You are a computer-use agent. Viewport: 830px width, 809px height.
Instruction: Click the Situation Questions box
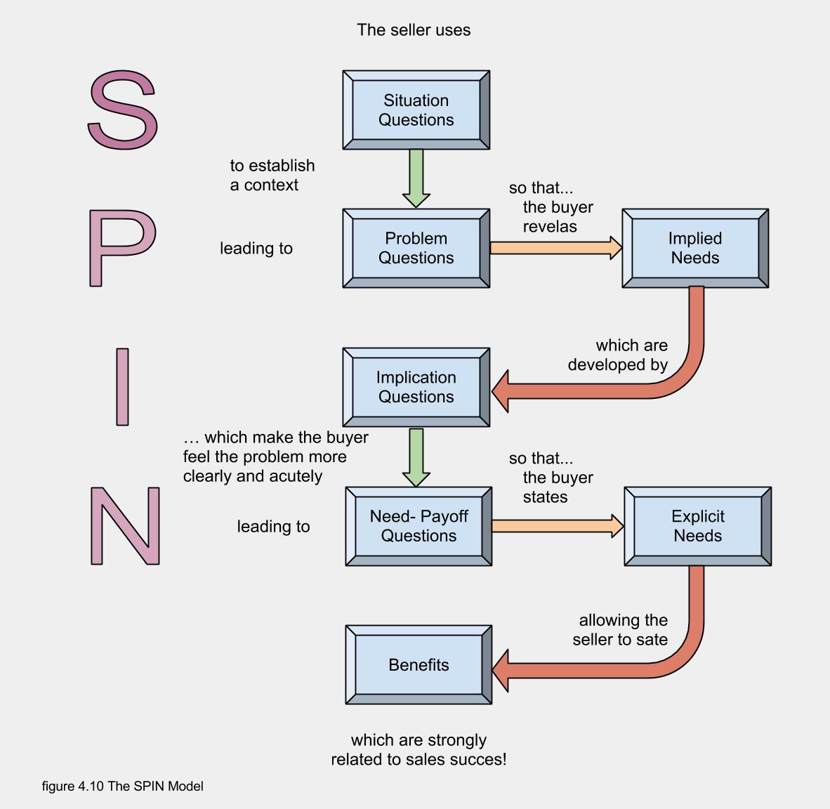coord(416,110)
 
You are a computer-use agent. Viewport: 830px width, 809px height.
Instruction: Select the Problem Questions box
coord(416,248)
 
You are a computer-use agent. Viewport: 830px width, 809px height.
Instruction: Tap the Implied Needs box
coord(695,248)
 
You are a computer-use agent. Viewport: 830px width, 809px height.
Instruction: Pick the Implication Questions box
coord(416,387)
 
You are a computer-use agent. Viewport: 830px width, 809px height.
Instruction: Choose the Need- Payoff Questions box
coord(419,526)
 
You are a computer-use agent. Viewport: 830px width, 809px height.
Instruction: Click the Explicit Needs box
coord(697,526)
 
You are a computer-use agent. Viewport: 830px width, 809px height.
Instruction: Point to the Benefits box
coord(419,664)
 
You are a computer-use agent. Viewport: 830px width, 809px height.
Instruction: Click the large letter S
coord(123,110)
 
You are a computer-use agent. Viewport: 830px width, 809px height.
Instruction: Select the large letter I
coord(122,387)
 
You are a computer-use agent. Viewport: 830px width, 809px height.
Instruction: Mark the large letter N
coord(125,526)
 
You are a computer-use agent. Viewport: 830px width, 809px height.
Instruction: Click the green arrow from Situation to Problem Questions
coord(416,178)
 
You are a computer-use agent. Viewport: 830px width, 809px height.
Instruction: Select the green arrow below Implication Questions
coord(416,457)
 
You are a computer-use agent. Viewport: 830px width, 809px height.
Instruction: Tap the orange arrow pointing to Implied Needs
coord(555,248)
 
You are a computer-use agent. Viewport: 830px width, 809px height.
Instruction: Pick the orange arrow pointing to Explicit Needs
coord(558,526)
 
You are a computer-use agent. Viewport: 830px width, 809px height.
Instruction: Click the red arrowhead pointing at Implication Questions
coord(501,391)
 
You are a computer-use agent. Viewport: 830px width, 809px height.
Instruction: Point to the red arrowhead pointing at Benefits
coord(502,670)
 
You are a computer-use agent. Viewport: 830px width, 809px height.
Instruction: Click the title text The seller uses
coord(414,30)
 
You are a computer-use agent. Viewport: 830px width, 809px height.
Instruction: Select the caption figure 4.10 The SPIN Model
coord(122,786)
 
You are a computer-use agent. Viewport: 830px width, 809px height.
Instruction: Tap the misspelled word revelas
coord(550,227)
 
